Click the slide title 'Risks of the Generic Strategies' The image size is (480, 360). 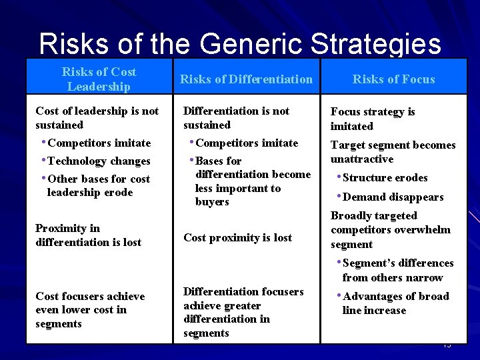(x=240, y=43)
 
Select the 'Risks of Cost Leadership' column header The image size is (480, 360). (x=99, y=79)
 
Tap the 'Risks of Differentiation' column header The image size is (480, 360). (x=246, y=79)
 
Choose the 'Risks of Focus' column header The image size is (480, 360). (x=393, y=79)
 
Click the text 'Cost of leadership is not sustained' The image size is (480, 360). (x=97, y=118)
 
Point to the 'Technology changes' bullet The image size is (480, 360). (x=99, y=161)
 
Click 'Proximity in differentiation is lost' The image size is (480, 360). (x=88, y=235)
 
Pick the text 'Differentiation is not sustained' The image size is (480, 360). (x=236, y=118)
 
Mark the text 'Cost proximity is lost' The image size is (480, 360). (x=237, y=237)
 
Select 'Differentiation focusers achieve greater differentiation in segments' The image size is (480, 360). (x=243, y=312)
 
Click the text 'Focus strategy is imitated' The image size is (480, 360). (x=372, y=119)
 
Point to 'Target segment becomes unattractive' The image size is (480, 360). (x=393, y=152)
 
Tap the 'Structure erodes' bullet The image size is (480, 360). (x=385, y=177)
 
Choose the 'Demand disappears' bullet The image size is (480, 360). (x=389, y=197)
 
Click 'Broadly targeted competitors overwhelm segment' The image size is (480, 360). (x=390, y=230)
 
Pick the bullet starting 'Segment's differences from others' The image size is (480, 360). (x=397, y=270)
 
